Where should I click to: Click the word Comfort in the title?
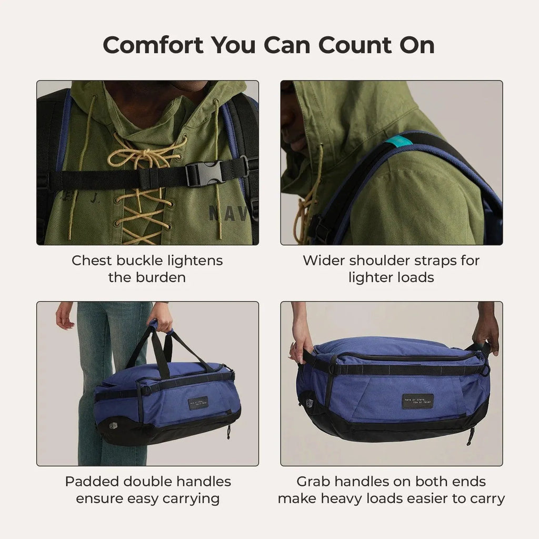(x=153, y=45)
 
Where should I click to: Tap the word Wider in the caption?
(x=323, y=261)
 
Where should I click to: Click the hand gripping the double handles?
(x=160, y=318)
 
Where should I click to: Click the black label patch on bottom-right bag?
(x=417, y=401)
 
